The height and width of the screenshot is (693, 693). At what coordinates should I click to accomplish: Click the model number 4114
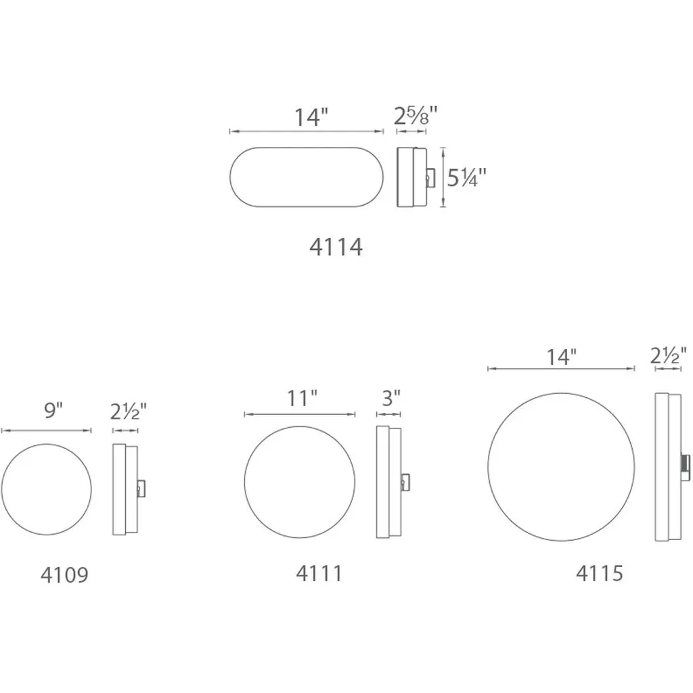336,247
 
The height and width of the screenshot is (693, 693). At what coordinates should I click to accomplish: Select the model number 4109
64,575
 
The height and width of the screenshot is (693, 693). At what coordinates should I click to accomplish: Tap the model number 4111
319,574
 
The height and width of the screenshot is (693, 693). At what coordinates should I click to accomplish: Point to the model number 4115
600,573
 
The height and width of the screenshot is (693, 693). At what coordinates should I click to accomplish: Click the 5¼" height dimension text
466,178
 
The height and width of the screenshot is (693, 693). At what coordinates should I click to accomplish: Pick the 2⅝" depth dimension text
416,116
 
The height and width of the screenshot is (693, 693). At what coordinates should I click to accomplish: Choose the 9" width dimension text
53,411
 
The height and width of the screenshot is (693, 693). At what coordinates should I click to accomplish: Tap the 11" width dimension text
303,398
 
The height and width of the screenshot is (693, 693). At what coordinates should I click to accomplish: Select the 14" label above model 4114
311,117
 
